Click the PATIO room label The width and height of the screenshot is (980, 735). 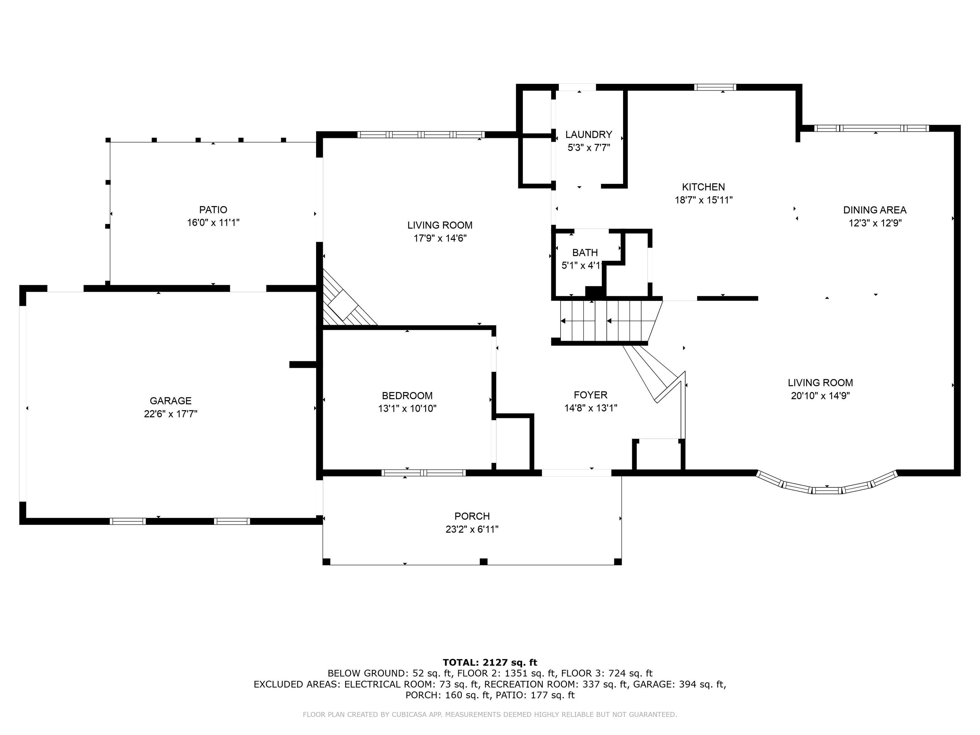[213, 210]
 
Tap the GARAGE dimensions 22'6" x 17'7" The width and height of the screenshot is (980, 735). [171, 414]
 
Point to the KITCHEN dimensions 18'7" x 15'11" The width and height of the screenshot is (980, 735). [703, 200]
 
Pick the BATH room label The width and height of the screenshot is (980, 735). [585, 253]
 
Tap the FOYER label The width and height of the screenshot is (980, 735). [590, 395]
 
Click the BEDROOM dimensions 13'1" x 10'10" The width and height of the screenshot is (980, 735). [407, 408]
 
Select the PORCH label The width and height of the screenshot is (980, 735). [472, 516]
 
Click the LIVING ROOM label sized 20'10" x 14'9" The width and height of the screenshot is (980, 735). [820, 383]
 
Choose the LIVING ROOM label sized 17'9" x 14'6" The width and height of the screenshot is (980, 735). [440, 225]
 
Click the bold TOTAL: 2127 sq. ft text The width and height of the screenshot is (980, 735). [490, 662]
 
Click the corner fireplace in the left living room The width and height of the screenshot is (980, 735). [343, 306]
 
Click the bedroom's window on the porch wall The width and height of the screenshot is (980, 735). [424, 473]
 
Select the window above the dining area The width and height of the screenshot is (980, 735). [872, 129]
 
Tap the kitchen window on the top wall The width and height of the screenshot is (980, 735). [715, 87]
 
